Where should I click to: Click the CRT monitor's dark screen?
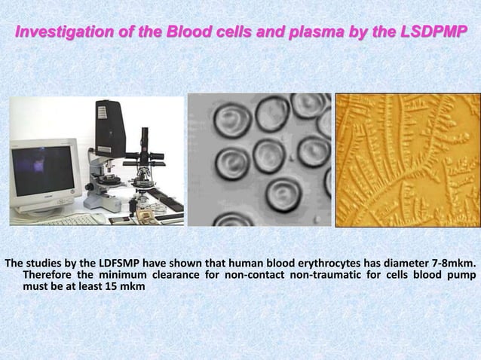click(43, 172)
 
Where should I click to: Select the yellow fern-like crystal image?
click(406, 159)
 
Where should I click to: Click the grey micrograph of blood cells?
click(259, 159)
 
